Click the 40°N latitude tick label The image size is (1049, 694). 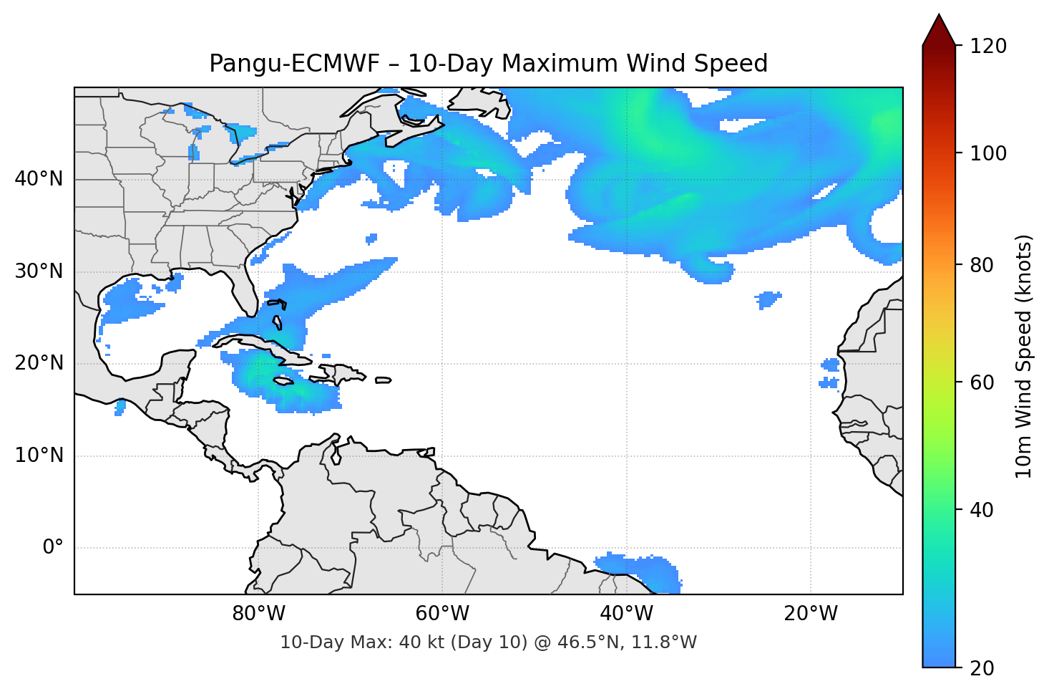39,179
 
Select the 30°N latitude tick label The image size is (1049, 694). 39,271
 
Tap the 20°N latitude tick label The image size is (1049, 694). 39,363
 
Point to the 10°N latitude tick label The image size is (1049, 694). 39,456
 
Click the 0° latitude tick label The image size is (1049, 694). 52,548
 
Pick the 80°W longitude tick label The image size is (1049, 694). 258,614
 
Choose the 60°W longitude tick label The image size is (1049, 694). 442,614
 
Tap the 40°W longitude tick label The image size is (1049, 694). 626,614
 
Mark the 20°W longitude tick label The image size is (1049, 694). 810,614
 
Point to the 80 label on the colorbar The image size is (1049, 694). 981,265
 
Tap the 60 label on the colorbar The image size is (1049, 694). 981,382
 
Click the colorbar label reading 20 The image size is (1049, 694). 981,668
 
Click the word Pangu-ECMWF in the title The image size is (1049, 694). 295,64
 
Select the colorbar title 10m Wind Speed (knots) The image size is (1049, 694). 1024,356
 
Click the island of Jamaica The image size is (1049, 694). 283,382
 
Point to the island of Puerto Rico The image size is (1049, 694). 384,380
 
